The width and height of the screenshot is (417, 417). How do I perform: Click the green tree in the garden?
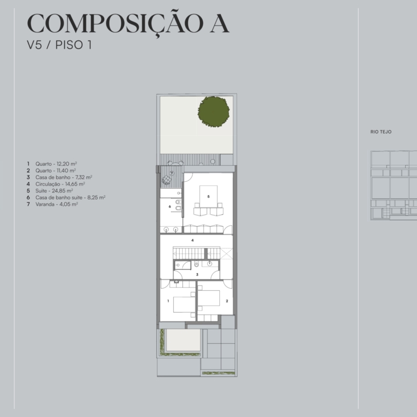coord(213,112)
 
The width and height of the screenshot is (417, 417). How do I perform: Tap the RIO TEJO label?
coord(381,132)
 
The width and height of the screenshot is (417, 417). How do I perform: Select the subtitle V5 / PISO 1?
coord(59,45)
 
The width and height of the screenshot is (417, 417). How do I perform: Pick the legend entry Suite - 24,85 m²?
coord(54,191)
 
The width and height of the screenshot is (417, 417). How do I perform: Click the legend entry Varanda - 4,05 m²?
coord(57,204)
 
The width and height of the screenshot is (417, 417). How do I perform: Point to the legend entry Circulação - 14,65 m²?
coord(60,184)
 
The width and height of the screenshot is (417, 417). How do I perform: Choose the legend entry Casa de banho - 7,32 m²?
coord(64,177)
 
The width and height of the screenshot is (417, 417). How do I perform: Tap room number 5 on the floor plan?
coord(208,197)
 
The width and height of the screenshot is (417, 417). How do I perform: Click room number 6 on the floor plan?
coord(169,207)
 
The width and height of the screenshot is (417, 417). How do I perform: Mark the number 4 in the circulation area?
coord(192,240)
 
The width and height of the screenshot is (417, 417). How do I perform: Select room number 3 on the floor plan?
coord(197,274)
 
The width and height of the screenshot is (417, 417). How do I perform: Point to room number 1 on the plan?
coord(168,301)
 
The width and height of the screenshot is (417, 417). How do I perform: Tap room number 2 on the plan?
coord(227,301)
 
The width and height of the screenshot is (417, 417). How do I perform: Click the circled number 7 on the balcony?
coord(172,173)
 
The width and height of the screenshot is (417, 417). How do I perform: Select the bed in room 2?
coord(208,298)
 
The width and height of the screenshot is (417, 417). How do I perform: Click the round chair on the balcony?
coord(166,180)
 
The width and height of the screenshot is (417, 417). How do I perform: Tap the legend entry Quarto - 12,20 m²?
coord(56,164)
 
